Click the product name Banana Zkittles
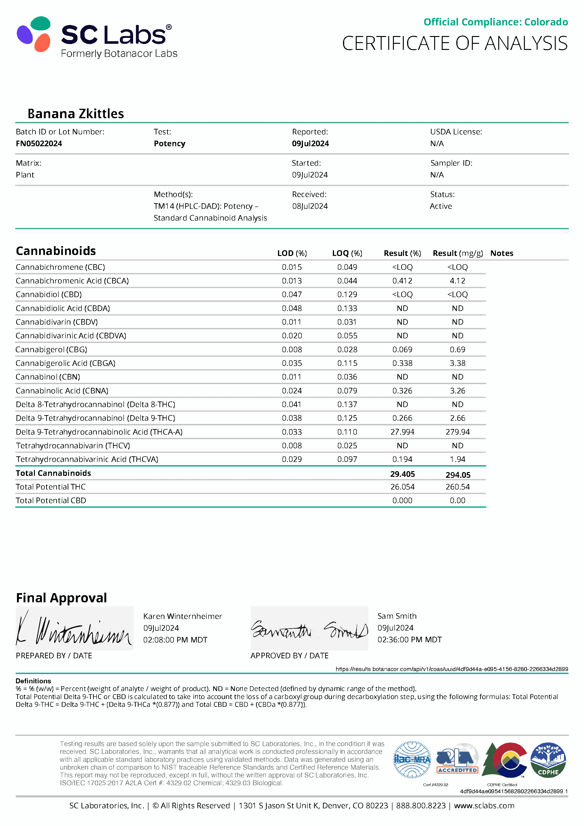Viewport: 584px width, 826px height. pyautogui.click(x=76, y=114)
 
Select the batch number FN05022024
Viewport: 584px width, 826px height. pyautogui.click(x=39, y=144)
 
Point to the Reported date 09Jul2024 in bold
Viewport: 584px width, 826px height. pyautogui.click(x=310, y=144)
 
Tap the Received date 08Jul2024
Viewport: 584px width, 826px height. pyautogui.click(x=310, y=206)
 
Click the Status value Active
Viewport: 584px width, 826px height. pyautogui.click(x=441, y=206)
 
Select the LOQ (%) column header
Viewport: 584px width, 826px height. pyautogui.click(x=347, y=253)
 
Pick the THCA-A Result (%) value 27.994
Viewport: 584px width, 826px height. pyautogui.click(x=402, y=432)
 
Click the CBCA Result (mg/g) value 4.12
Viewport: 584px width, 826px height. pyautogui.click(x=457, y=281)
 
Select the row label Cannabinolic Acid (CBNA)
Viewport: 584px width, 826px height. pyautogui.click(x=62, y=391)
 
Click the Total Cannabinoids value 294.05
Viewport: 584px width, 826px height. pyautogui.click(x=458, y=475)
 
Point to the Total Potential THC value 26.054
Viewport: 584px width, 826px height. pyautogui.click(x=402, y=487)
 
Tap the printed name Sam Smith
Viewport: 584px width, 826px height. pyautogui.click(x=397, y=616)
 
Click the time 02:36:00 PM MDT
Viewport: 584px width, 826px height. pyautogui.click(x=409, y=640)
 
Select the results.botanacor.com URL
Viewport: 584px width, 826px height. pyautogui.click(x=452, y=669)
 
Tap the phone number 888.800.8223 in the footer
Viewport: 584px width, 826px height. pyautogui.click(x=421, y=806)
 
